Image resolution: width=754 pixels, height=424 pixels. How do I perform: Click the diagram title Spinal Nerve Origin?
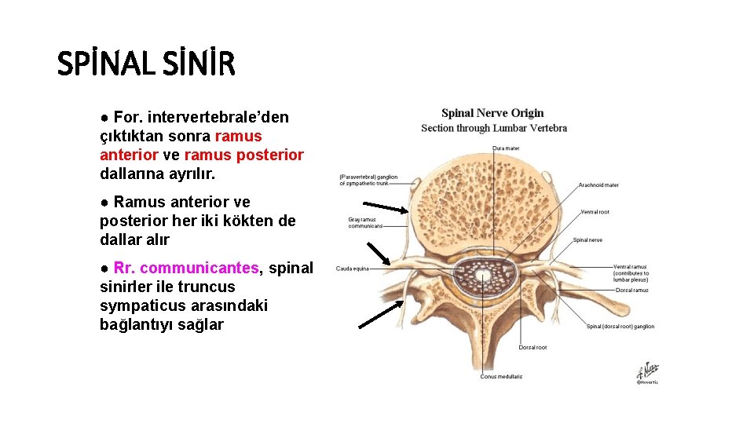click(492, 113)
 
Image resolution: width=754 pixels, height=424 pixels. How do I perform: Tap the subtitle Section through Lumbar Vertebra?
click(493, 128)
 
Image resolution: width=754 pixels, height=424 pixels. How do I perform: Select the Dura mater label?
click(506, 148)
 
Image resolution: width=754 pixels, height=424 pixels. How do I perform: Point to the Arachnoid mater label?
click(598, 185)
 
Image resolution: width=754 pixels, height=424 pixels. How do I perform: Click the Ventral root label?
click(595, 212)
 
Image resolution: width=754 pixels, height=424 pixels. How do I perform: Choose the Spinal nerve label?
click(587, 239)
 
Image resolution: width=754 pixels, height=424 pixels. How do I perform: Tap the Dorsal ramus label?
click(631, 290)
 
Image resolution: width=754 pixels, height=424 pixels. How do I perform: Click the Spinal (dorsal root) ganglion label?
click(620, 327)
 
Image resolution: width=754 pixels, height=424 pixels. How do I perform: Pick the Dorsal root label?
click(533, 347)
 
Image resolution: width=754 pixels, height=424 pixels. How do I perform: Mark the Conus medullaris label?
click(501, 377)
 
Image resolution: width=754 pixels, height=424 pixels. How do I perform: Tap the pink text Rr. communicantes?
click(186, 269)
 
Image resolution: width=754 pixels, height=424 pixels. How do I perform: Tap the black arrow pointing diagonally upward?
click(381, 313)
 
